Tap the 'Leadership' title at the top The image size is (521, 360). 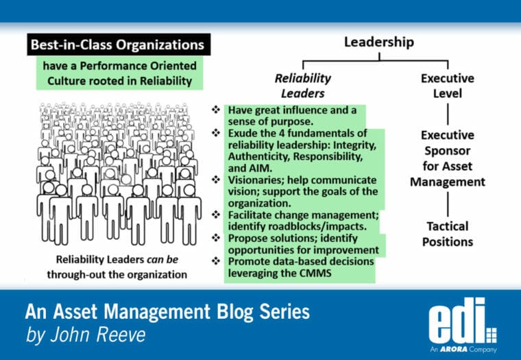click(378, 43)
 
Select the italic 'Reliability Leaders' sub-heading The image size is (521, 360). click(302, 86)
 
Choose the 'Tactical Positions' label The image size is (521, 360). click(447, 234)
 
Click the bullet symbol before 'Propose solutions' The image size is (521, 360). click(217, 238)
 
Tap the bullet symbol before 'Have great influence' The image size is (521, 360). click(217, 110)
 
